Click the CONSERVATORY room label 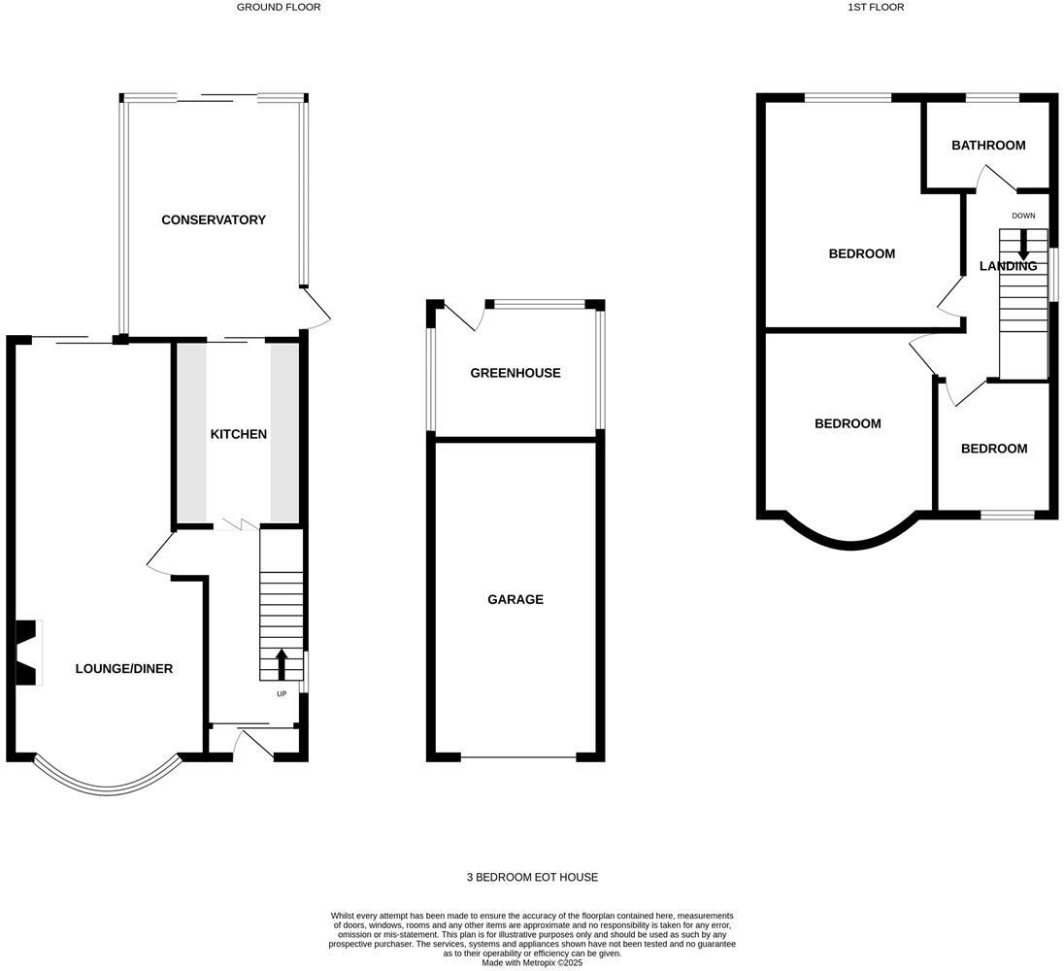213,220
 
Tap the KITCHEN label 238,434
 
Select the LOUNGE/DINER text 124,669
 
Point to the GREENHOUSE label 515,373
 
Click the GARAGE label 515,600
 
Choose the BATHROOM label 987,146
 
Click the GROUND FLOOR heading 279,7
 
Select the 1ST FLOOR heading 875,7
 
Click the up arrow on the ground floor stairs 282,664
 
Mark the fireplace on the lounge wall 27,653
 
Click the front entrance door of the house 254,746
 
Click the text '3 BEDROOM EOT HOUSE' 532,878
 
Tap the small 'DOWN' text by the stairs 1023,216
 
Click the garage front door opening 518,756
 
